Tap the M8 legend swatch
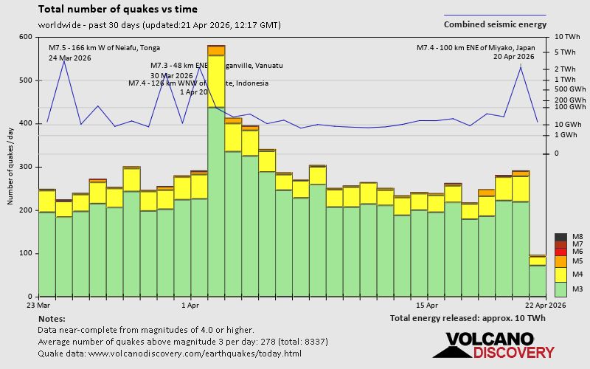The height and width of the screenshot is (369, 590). [560, 237]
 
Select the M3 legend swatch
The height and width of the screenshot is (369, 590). [560, 289]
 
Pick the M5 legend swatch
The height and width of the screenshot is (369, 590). [560, 261]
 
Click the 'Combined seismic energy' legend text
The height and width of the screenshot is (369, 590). [494, 24]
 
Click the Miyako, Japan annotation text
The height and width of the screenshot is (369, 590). [476, 48]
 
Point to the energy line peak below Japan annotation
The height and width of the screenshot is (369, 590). [521, 66]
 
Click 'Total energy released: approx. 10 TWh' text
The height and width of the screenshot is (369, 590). [468, 318]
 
